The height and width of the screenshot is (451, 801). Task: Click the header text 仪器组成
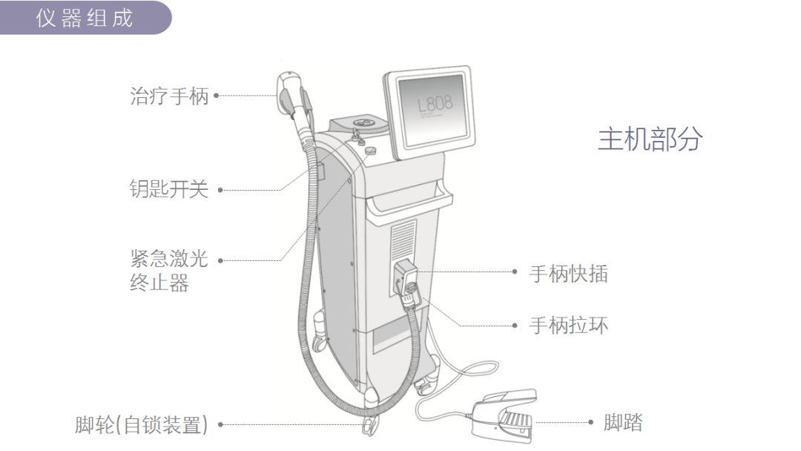coord(85,17)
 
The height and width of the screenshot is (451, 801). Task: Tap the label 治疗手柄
coord(169,96)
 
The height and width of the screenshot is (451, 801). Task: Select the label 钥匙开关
coord(168,190)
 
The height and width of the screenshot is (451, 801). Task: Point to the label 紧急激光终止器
coord(168,271)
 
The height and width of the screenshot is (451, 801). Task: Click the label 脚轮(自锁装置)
coord(141,425)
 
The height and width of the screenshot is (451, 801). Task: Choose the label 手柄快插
coord(568,274)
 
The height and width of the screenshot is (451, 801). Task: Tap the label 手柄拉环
coord(568,325)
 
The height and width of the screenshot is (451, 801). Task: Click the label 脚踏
coord(622,424)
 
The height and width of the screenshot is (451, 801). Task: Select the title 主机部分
coord(650,139)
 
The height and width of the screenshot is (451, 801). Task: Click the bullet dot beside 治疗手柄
coord(217,96)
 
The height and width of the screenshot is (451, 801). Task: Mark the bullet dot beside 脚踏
coord(591,423)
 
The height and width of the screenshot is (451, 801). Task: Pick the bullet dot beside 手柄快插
coord(515,272)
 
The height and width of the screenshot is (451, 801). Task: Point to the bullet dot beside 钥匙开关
coord(220,191)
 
